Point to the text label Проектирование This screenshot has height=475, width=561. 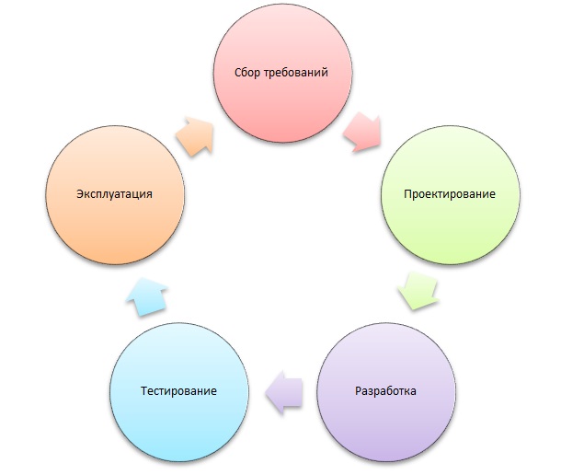point(450,194)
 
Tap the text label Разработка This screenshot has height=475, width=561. point(385,390)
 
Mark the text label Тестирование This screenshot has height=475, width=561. point(179,390)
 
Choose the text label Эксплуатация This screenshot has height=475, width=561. point(114,194)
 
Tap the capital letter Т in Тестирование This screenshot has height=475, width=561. point(144,390)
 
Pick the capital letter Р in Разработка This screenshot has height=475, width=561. point(357,390)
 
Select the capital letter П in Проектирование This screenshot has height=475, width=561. point(407,194)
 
